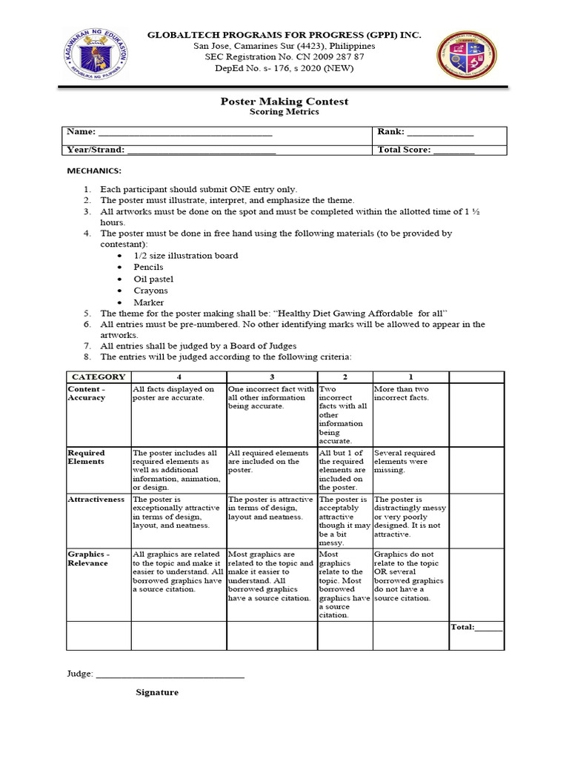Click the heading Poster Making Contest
pos(284,101)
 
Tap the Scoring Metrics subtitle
pos(284,112)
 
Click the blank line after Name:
pos(185,133)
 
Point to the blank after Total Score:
pos(453,150)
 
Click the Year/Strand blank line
pos(202,150)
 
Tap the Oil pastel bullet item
pos(153,279)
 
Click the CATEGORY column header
pos(99,377)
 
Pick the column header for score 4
pos(178,377)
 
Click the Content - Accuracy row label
pos(87,394)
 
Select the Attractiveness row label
pos(96,500)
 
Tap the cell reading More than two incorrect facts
pos(402,394)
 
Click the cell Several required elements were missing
pos(405,461)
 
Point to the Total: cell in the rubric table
pos(476,627)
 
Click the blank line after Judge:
pos(170,675)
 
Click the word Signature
pos(157,692)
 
